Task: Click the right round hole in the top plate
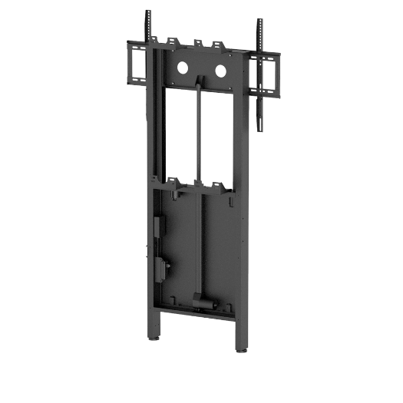coord(220,71)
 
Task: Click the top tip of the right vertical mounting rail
coord(258,21)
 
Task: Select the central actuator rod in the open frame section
coord(199,130)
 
